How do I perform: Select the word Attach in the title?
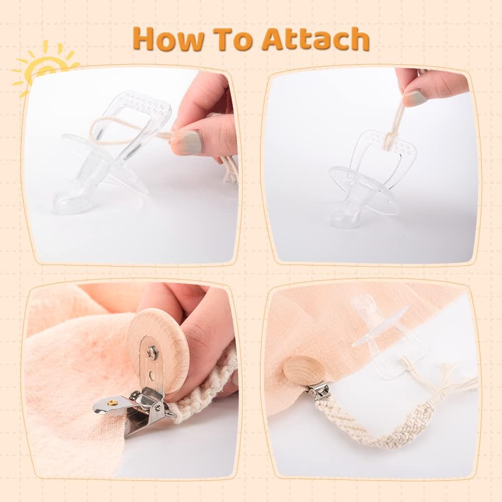316,39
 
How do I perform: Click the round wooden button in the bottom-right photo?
305,371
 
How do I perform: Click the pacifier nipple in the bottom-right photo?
363,305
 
